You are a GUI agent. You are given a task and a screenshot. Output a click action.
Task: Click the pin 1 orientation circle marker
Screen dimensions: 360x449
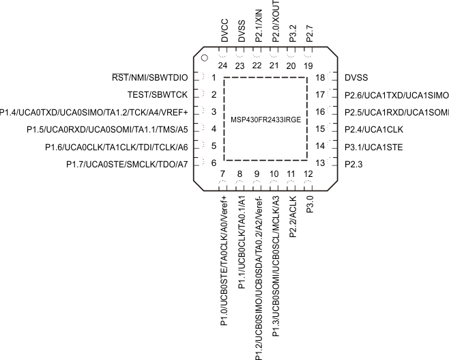pyautogui.click(x=203, y=57)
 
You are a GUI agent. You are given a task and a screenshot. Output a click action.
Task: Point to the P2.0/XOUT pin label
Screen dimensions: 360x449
pyautogui.click(x=275, y=23)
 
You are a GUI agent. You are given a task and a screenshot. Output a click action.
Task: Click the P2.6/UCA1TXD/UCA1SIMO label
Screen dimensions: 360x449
pyautogui.click(x=396, y=95)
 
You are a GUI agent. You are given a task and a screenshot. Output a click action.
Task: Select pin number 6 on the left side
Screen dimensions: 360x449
pyautogui.click(x=214, y=163)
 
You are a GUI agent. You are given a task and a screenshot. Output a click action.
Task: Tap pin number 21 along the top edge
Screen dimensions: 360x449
pyautogui.click(x=274, y=66)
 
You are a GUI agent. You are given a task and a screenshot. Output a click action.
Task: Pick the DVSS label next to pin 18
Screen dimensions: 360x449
pyautogui.click(x=357, y=78)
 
